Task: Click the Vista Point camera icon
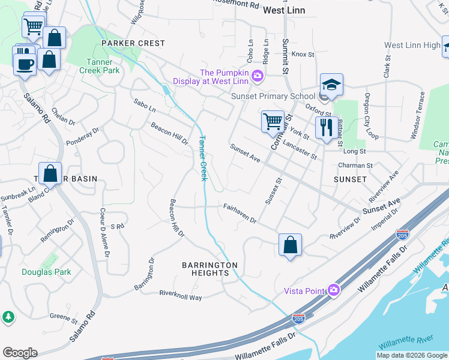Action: click(334, 290)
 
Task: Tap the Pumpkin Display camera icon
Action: click(258, 75)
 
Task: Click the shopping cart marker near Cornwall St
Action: click(273, 121)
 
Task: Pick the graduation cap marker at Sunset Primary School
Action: click(331, 85)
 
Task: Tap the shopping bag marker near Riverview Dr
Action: click(290, 244)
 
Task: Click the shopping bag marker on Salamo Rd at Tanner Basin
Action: click(50, 174)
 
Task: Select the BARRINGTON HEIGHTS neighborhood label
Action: click(210, 269)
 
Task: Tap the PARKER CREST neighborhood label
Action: click(133, 43)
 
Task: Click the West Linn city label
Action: click(284, 11)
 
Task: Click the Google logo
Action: click(20, 353)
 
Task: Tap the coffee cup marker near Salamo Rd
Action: click(25, 64)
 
